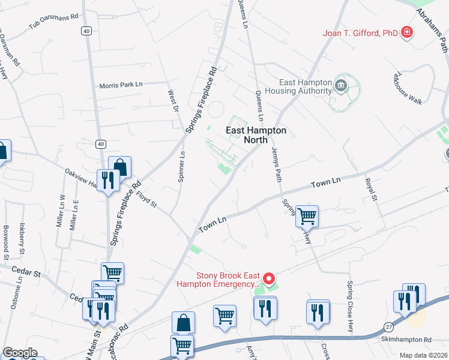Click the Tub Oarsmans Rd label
[x=55, y=22]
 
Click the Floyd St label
[x=146, y=199]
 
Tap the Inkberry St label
[x=23, y=238]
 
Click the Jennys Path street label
[x=277, y=164]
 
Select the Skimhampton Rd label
[x=406, y=340]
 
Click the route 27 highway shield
[x=389, y=325]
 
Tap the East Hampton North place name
[x=256, y=135]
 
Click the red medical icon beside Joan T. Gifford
[x=408, y=32]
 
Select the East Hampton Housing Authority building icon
[x=341, y=84]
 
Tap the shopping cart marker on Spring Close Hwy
[x=307, y=215]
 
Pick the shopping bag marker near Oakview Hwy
[x=119, y=166]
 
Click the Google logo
[x=20, y=353]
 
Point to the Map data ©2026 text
[x=421, y=355]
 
